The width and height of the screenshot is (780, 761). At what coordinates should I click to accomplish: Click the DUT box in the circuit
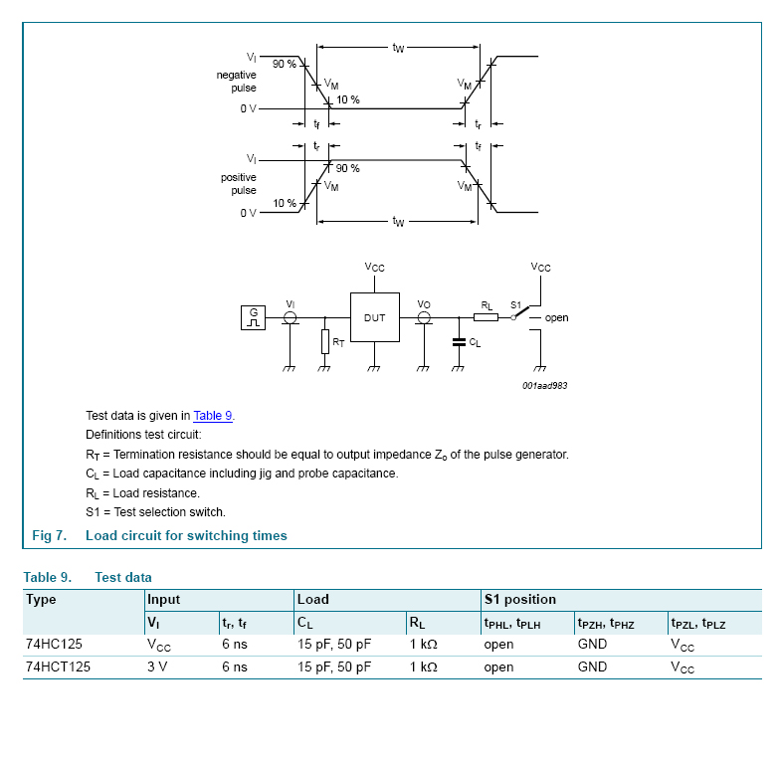(x=374, y=317)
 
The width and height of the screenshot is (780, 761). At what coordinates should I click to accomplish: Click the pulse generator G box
(x=253, y=317)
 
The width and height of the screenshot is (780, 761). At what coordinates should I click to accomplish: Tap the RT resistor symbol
(x=324, y=342)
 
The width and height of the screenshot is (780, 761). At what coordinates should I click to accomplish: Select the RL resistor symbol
(x=486, y=317)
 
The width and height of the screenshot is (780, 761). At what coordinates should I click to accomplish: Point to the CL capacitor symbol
(x=459, y=341)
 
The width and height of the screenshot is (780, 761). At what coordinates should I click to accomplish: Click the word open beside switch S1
(x=556, y=318)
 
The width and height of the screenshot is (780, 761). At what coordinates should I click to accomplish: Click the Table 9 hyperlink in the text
(x=213, y=416)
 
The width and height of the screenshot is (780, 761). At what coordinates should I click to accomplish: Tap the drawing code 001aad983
(x=544, y=386)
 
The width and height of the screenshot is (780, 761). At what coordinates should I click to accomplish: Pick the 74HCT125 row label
(x=58, y=667)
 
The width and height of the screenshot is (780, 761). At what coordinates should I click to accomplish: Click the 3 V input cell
(x=157, y=667)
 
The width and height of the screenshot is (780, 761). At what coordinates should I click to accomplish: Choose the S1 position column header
(x=519, y=600)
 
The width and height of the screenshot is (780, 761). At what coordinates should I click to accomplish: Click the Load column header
(x=312, y=600)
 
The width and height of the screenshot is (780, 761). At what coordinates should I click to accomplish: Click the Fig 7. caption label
(x=49, y=535)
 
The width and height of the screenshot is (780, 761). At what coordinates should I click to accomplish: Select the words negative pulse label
(x=236, y=82)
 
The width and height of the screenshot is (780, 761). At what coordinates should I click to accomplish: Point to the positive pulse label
(x=238, y=184)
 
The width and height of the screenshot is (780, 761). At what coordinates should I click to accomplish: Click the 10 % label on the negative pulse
(x=348, y=99)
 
